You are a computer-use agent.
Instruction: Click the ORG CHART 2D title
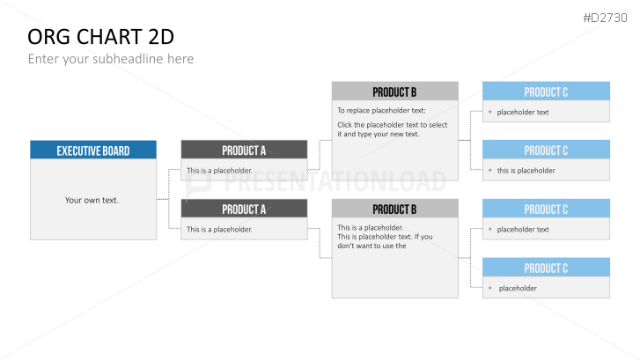tap(101, 37)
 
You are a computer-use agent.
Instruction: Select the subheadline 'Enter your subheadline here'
tap(111, 59)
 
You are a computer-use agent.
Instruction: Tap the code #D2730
tap(605, 18)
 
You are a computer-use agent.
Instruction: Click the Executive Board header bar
tap(93, 150)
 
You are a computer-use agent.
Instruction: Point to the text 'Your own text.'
tap(92, 200)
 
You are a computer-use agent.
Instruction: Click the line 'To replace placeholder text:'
tap(381, 111)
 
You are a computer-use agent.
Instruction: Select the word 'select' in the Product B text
tap(438, 125)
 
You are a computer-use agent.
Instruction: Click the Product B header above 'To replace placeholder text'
tap(394, 91)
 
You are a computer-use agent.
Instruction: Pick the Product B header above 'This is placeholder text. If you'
tap(394, 209)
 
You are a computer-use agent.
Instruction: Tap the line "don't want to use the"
tap(371, 246)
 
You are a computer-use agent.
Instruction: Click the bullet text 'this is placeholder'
tap(526, 171)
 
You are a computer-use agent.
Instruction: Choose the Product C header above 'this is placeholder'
tap(546, 150)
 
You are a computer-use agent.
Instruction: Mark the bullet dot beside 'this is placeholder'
tap(489, 170)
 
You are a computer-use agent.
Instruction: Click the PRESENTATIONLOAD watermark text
tap(335, 181)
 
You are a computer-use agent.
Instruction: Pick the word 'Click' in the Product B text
tap(345, 125)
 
